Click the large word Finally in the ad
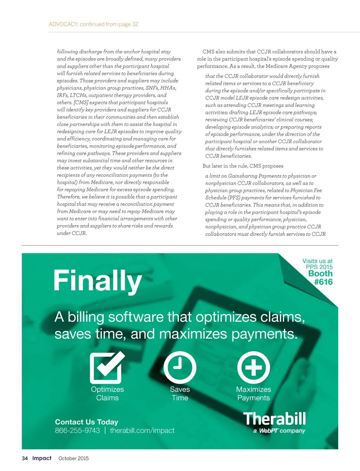(97, 281)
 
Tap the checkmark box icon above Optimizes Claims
(107, 367)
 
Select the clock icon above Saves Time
(180, 367)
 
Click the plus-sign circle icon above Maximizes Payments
(253, 367)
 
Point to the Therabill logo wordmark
(275, 419)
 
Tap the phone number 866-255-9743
(77, 431)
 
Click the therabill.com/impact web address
(142, 431)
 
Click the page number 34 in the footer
(25, 458)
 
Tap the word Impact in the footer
(42, 458)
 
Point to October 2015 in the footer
(73, 458)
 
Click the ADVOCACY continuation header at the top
(94, 24)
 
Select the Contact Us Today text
(86, 422)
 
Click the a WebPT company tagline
(279, 431)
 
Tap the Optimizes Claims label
(107, 394)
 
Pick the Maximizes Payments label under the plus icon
(253, 394)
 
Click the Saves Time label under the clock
(180, 394)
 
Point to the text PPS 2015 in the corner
(319, 267)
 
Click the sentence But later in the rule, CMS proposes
(243, 166)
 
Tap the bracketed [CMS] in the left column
(81, 103)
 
